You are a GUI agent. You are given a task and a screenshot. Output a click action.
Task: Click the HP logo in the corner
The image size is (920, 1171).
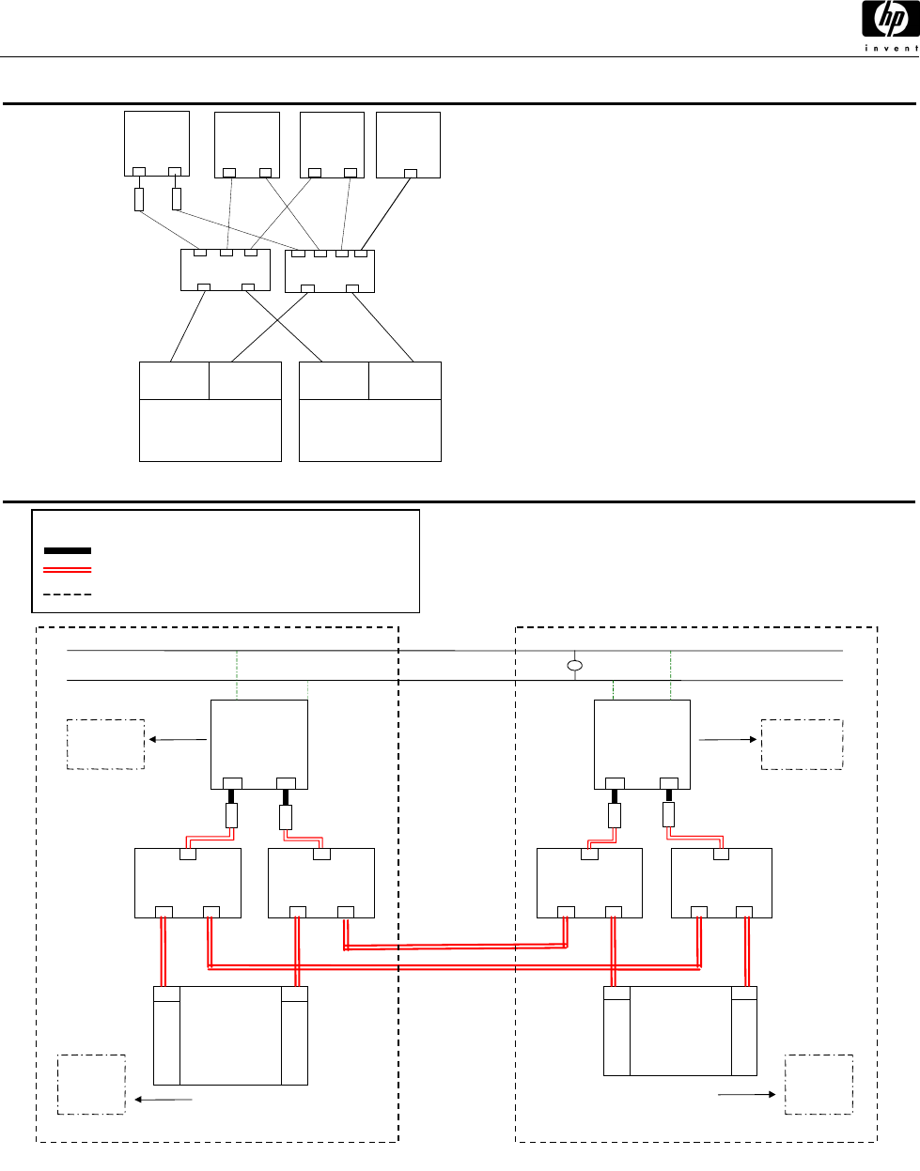(x=890, y=19)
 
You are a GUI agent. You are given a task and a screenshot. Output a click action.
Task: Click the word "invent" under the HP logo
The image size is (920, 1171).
(x=892, y=48)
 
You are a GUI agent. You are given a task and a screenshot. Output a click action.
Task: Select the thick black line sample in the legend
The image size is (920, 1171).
(x=68, y=550)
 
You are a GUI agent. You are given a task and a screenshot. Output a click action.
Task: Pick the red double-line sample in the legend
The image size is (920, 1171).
(x=68, y=570)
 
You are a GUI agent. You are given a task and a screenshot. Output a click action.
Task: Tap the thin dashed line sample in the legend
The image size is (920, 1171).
(x=68, y=594)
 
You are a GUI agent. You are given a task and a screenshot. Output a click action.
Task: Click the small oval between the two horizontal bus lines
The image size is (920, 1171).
(x=575, y=666)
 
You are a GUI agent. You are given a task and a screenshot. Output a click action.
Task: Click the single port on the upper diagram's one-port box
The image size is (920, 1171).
(x=411, y=174)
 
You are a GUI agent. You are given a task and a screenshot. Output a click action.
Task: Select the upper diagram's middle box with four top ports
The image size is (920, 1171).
(x=330, y=271)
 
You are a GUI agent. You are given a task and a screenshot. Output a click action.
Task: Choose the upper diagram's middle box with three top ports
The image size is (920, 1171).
(x=226, y=270)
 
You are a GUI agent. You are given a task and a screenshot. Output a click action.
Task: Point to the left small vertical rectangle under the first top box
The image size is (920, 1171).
(x=139, y=199)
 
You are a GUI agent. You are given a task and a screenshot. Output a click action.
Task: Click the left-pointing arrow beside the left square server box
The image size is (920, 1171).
(x=178, y=739)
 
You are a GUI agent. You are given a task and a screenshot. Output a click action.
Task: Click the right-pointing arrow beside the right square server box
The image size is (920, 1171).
(x=728, y=739)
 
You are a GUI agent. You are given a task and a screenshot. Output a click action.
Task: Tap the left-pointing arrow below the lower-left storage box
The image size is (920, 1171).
(x=164, y=1100)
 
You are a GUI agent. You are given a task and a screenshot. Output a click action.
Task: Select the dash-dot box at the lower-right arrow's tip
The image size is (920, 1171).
(x=819, y=1085)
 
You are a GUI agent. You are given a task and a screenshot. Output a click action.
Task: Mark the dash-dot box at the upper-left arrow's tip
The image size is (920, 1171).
(x=105, y=745)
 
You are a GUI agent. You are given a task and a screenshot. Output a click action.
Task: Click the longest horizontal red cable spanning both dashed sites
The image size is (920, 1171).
(x=454, y=967)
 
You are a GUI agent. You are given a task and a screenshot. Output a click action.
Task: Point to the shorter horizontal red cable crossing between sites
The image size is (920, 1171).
(x=456, y=947)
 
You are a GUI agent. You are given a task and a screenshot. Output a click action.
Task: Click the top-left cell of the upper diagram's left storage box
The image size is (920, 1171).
(x=174, y=380)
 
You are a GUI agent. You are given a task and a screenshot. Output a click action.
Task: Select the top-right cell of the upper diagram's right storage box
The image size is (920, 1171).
(x=405, y=380)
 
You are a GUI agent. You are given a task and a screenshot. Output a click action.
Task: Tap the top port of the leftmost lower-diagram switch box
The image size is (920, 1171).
(x=188, y=855)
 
